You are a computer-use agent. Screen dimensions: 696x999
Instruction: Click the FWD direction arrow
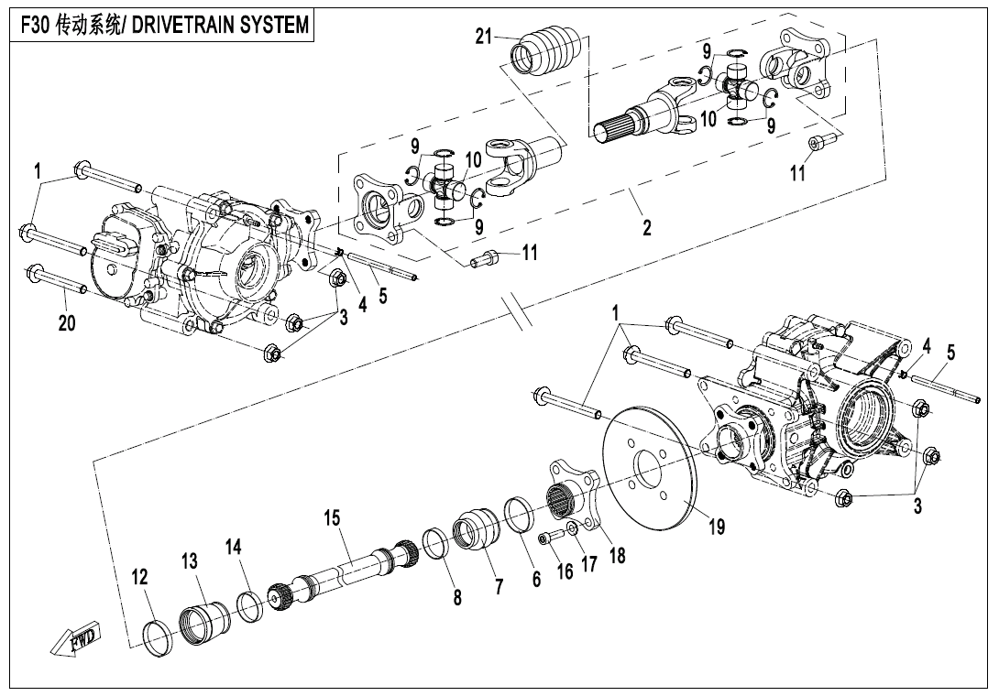point(78,641)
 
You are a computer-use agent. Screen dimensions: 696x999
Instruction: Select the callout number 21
point(484,37)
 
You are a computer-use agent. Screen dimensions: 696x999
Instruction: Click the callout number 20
point(67,323)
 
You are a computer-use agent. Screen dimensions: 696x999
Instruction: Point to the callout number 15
point(331,518)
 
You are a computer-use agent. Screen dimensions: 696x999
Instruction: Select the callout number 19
point(716,527)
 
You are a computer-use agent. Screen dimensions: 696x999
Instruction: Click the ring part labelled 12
point(160,637)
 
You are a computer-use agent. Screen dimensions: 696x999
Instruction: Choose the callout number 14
point(235,547)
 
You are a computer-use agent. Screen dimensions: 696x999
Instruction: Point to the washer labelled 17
point(571,527)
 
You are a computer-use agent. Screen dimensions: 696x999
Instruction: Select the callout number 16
point(565,571)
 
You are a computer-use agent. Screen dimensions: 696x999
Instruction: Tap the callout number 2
point(647,227)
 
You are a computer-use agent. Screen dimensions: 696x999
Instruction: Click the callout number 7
point(499,587)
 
